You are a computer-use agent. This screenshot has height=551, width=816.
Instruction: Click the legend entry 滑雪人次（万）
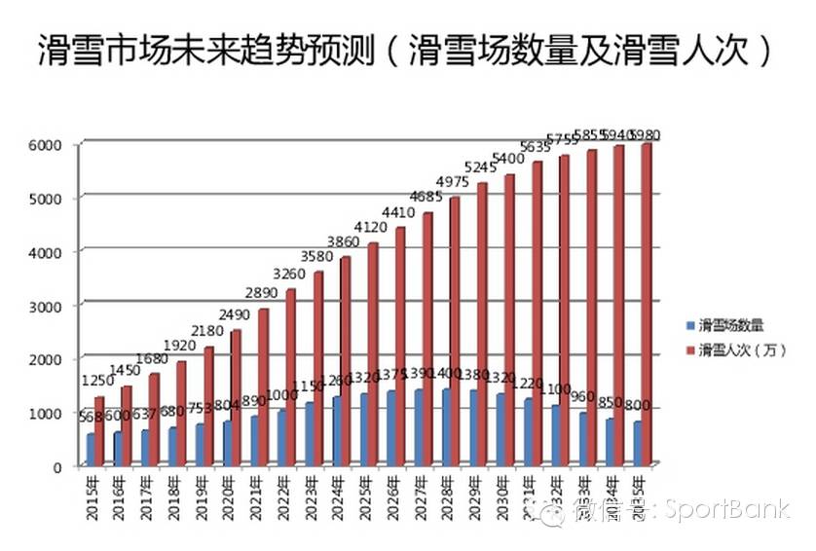[x=735, y=349]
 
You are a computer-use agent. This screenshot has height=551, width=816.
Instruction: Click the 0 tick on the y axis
[x=58, y=467]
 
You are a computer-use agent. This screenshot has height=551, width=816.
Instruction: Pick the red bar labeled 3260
[x=290, y=376]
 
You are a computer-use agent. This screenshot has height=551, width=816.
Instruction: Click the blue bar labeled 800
[x=638, y=443]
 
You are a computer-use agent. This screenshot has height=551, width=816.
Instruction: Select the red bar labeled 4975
[x=455, y=331]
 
